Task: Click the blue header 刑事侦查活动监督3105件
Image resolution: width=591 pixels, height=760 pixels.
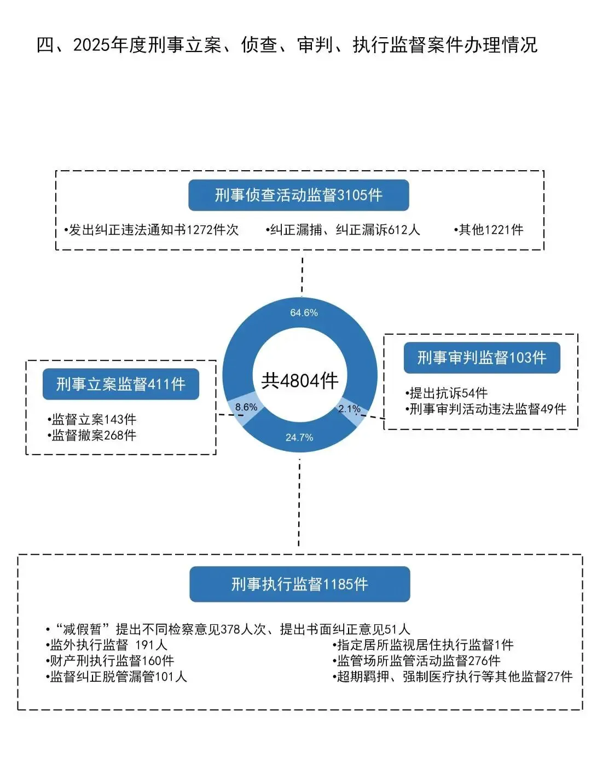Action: [298, 195]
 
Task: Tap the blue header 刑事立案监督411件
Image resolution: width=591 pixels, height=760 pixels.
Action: [120, 384]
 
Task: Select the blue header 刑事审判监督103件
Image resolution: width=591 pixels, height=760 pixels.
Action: [482, 358]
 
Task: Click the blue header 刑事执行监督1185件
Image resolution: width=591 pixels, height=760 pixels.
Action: [299, 584]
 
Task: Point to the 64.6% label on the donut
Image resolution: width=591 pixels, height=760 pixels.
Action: [304, 313]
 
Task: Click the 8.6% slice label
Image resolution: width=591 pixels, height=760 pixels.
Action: [246, 407]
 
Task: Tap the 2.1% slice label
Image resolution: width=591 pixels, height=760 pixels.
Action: [349, 409]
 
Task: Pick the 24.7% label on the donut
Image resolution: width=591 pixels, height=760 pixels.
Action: [299, 437]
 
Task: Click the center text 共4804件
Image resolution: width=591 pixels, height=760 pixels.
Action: [300, 380]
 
